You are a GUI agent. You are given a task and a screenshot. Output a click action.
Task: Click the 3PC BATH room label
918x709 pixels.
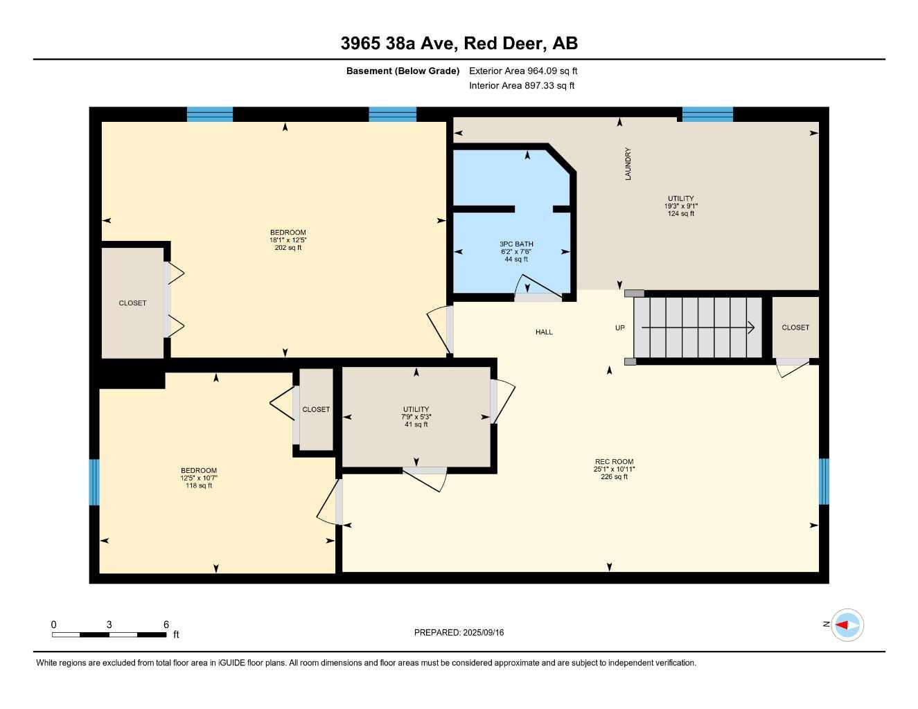[x=516, y=244]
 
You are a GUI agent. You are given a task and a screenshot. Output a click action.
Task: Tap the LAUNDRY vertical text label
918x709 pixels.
[x=628, y=164]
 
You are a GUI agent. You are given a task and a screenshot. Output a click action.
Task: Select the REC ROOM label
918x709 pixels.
[x=614, y=462]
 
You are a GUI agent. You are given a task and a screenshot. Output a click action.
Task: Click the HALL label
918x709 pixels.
[x=544, y=332]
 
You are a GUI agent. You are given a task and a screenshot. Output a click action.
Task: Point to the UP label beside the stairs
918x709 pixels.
[x=619, y=328]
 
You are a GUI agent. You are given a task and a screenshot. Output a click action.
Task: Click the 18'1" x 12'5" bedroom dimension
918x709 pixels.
[x=288, y=240]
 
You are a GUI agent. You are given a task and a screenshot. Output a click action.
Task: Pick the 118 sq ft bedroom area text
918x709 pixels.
[x=199, y=486]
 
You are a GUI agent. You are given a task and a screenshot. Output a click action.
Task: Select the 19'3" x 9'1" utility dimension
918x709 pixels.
[x=680, y=206]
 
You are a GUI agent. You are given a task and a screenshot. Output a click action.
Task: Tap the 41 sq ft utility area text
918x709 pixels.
[x=416, y=424]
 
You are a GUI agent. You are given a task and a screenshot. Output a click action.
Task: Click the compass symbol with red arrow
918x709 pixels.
[x=847, y=625]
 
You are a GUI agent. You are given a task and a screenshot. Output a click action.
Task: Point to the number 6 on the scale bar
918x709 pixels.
[x=166, y=625]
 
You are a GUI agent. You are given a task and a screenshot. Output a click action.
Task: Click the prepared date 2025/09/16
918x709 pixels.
[x=459, y=633]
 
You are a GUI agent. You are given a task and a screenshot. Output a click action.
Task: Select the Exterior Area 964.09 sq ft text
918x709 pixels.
[x=523, y=71]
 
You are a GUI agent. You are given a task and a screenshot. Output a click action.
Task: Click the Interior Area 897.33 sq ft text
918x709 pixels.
[x=522, y=86]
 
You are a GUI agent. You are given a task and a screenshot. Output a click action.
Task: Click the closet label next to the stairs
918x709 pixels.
[x=795, y=327]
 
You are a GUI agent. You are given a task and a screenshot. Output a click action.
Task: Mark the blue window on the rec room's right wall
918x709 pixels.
[x=824, y=481]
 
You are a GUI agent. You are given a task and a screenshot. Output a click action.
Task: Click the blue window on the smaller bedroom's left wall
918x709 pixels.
[x=94, y=482]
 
